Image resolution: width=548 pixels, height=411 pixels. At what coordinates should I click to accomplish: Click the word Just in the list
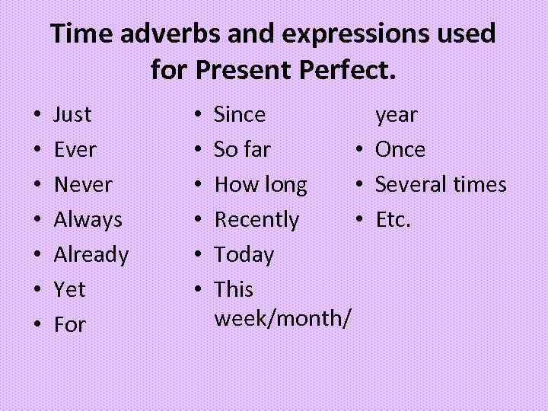point(72,115)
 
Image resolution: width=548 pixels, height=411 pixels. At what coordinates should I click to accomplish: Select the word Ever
point(75,150)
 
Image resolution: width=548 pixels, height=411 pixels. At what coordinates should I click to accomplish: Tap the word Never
point(83,185)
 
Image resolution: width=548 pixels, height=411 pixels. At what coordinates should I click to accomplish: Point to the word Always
point(88,220)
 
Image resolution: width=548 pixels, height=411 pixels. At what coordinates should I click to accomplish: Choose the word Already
point(91,255)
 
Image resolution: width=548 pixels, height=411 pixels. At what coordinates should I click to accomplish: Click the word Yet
point(69,290)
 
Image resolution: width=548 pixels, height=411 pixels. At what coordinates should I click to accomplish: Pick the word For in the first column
point(69,325)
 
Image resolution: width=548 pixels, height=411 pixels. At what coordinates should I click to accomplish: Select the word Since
point(240,115)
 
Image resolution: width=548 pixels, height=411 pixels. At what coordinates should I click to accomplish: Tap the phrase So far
point(242,150)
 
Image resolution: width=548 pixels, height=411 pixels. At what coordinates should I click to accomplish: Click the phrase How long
point(260,185)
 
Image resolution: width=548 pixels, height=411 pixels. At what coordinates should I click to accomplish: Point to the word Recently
point(256,220)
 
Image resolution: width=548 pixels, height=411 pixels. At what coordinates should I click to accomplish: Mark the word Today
point(244,255)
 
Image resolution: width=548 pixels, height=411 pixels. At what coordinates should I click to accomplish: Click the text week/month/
point(282,317)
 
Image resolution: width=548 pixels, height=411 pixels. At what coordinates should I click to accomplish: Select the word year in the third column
point(396,116)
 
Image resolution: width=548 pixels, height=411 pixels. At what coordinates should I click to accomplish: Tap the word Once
point(400,150)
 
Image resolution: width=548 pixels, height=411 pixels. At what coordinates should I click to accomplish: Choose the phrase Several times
point(440,185)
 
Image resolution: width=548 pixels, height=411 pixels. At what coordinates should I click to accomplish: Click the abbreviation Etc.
point(393,220)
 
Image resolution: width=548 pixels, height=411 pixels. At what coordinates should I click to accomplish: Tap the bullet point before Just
point(37,116)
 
